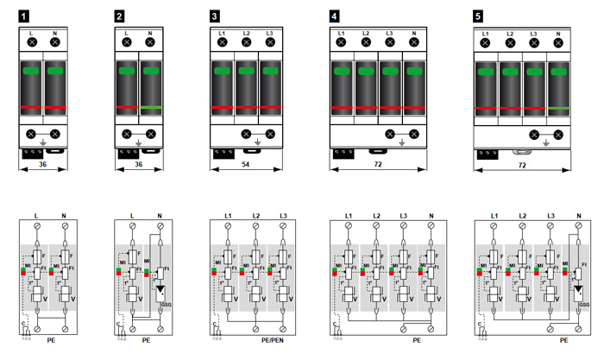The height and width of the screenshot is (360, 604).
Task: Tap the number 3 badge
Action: (x=214, y=15)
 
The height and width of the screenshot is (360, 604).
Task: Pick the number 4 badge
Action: (x=333, y=15)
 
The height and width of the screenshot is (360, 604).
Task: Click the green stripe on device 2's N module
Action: (x=150, y=108)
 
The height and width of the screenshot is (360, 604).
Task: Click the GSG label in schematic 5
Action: (x=584, y=304)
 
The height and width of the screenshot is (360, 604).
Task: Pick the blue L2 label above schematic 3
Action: (x=255, y=214)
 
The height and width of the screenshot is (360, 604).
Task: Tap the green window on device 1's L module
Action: (x=32, y=70)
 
